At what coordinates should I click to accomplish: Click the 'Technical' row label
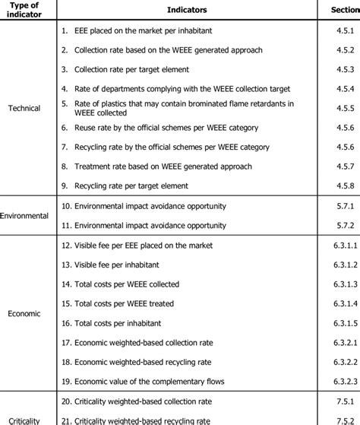24,108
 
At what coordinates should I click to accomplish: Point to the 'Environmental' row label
24,215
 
